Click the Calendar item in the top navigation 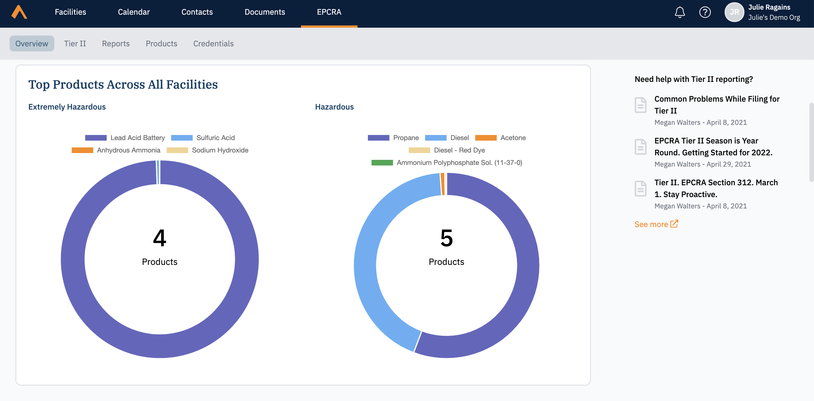134,12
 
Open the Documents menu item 264,12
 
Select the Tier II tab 75,43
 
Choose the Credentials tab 213,43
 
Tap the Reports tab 116,43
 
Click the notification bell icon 679,13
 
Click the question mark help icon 705,13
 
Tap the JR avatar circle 734,13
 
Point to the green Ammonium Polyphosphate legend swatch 382,163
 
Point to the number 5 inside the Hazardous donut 446,238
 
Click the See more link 656,224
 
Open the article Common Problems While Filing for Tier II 717,105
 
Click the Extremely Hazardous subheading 67,107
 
